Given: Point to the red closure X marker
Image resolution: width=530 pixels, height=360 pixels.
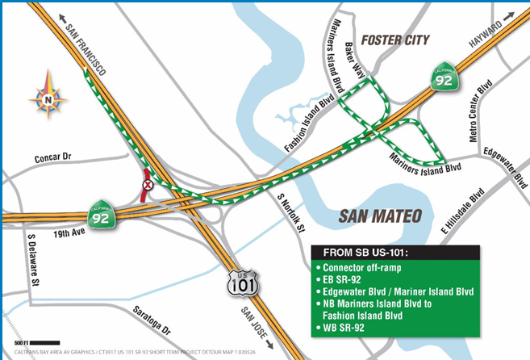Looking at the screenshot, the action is pos(147,185).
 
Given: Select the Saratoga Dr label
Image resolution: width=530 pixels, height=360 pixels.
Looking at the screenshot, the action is pos(154,321).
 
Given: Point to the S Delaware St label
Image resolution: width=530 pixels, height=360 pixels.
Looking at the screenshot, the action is pos(33,262).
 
